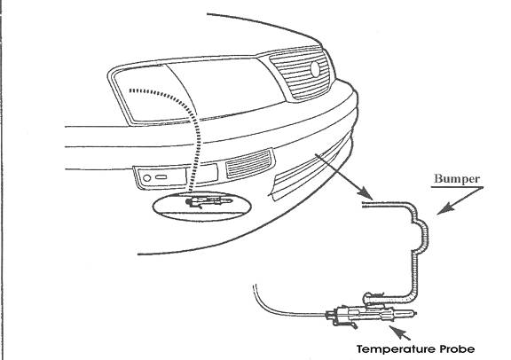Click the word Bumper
point(457,179)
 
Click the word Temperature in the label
point(397,349)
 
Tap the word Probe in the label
point(457,349)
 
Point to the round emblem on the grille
point(315,69)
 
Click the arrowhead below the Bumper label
point(444,209)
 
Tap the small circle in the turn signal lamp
point(147,178)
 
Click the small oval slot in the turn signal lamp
point(161,177)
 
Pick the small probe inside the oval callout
point(208,201)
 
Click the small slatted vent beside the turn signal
point(249,163)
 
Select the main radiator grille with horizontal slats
point(300,74)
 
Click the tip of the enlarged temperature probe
point(415,313)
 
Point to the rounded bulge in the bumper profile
point(422,235)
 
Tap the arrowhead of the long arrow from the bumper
point(366,193)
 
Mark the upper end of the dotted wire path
point(130,90)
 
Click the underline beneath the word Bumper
point(457,187)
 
